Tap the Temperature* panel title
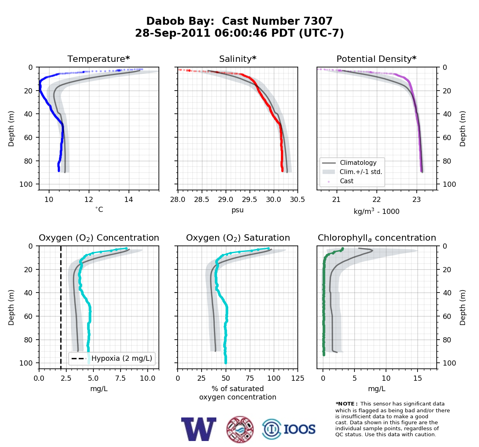[x=99, y=59]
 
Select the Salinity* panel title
[x=238, y=59]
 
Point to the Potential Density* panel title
[x=376, y=59]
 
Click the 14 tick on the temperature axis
[x=129, y=200]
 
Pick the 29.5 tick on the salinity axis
[x=249, y=200]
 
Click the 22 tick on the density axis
[x=376, y=200]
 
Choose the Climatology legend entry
[x=358, y=162]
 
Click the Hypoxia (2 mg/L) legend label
[x=122, y=358]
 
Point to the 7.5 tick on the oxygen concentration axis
[x=121, y=378]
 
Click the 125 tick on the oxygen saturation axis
[x=298, y=378]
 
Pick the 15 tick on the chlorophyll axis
[x=418, y=378]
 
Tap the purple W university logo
[x=198, y=429]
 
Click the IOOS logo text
[x=300, y=429]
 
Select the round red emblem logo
[x=240, y=429]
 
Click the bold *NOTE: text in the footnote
[x=345, y=404]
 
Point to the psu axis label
[x=238, y=210]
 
